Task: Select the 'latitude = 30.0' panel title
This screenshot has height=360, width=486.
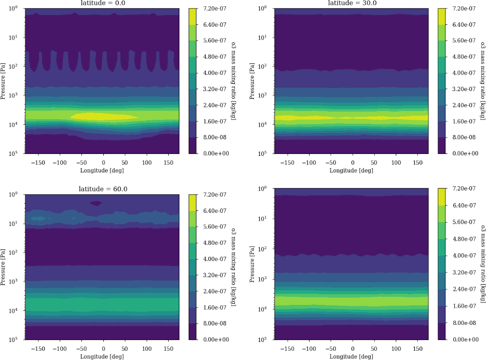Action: pos(352,3)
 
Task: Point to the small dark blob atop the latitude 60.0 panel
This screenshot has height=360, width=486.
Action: pos(96,203)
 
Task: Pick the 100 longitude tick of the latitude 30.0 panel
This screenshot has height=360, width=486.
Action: pos(396,162)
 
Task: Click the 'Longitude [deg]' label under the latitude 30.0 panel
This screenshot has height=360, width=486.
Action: pos(352,171)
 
